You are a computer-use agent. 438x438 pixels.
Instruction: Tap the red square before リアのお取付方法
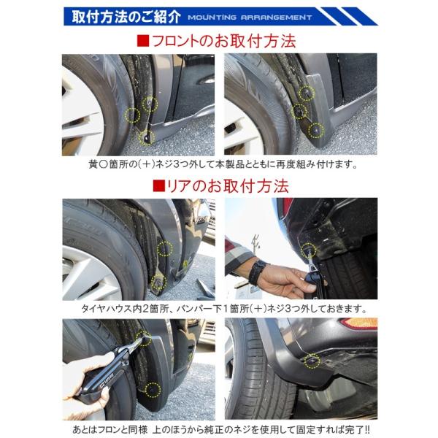pyautogui.click(x=158, y=185)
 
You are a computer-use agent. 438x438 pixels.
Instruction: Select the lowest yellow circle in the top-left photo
pyautogui.click(x=146, y=137)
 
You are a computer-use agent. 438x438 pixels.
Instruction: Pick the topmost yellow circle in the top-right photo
pyautogui.click(x=308, y=92)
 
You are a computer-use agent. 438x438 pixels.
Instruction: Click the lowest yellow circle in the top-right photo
pyautogui.click(x=315, y=130)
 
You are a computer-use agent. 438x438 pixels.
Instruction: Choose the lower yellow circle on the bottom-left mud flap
pyautogui.click(x=153, y=388)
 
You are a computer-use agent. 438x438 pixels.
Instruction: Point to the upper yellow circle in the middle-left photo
pyautogui.click(x=165, y=249)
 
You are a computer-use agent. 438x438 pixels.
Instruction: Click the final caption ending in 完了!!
pyautogui.click(x=219, y=429)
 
